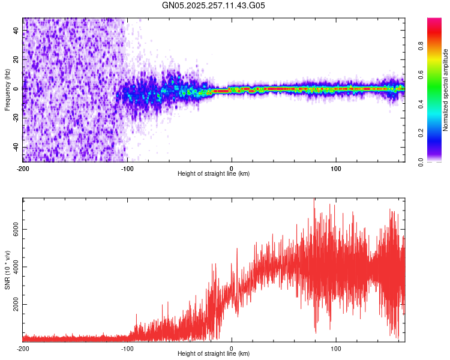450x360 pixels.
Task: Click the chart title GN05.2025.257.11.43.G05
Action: pyautogui.click(x=214, y=6)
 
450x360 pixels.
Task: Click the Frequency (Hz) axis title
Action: pyautogui.click(x=7, y=90)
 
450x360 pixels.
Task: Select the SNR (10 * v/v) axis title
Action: pyautogui.click(x=7, y=270)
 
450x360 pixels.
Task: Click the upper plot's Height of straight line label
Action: pyautogui.click(x=214, y=173)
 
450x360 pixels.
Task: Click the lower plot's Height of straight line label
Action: pyautogui.click(x=214, y=353)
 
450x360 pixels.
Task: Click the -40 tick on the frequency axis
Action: pyautogui.click(x=15, y=147)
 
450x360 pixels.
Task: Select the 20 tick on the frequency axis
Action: pyautogui.click(x=16, y=59)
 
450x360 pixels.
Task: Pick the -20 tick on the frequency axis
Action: pyautogui.click(x=15, y=118)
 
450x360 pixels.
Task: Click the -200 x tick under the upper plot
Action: pyautogui.click(x=23, y=168)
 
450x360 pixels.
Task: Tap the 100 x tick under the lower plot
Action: pyautogui.click(x=337, y=348)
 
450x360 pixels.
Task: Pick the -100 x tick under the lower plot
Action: pyautogui.click(x=127, y=348)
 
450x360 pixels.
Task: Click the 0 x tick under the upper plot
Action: pyautogui.click(x=232, y=168)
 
